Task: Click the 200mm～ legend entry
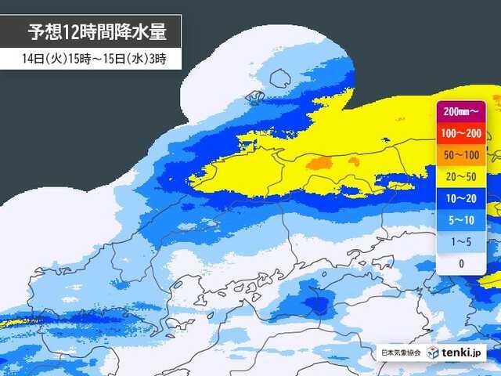coord(460,111)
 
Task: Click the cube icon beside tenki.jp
coord(433,352)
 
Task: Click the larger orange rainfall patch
coord(318,164)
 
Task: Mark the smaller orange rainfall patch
coord(353,161)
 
